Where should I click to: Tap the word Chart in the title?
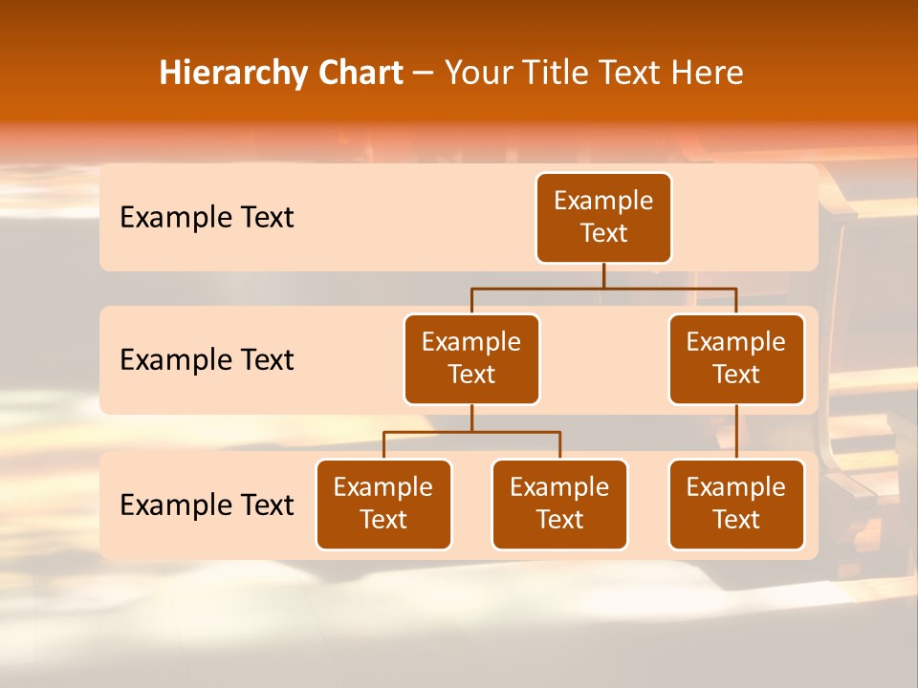coord(360,74)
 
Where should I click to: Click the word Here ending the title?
coord(708,74)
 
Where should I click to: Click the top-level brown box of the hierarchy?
coord(603,218)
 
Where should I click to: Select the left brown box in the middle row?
coord(471,359)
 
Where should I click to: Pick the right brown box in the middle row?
coord(736,359)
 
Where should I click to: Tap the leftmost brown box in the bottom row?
coord(383,505)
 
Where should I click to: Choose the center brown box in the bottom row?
coord(559,505)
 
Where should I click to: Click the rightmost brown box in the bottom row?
coord(736,505)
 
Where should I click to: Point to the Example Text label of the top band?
coord(207,218)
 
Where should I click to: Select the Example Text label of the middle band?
coord(207,360)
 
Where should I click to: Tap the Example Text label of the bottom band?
coord(207,505)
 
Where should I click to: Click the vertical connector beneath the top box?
coord(603,275)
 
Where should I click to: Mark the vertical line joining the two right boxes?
coord(736,432)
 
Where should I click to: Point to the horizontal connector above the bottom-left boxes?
coord(471,432)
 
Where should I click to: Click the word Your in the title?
coord(475,74)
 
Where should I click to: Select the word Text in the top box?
coord(603,234)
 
